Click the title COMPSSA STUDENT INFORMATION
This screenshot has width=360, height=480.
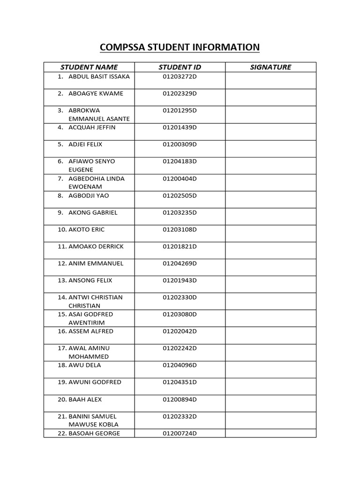(x=180, y=47)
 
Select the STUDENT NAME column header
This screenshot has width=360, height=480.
(x=89, y=67)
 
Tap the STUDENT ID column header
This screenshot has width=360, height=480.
(x=180, y=67)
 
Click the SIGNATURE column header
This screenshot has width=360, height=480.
(x=270, y=67)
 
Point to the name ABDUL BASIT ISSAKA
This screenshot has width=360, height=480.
(x=99, y=76)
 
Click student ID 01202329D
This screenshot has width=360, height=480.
(x=180, y=93)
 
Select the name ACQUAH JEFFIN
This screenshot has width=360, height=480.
(x=92, y=127)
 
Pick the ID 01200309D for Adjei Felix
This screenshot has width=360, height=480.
(x=180, y=144)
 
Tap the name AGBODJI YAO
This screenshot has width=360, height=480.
(x=89, y=195)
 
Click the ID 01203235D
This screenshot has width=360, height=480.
(x=180, y=212)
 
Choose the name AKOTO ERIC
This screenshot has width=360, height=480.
(x=87, y=229)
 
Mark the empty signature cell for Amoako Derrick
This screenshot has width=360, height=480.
(x=270, y=250)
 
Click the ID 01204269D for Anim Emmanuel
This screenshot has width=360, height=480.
(x=180, y=263)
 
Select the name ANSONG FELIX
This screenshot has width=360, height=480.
(x=90, y=280)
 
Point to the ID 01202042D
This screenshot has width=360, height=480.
(x=180, y=331)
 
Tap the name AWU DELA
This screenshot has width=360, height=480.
(x=85, y=365)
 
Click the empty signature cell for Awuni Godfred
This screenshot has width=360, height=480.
(x=270, y=386)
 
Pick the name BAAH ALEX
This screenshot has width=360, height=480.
(x=85, y=399)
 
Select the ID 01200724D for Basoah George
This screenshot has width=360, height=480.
(x=180, y=433)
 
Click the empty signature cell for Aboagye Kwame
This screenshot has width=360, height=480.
(x=270, y=97)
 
